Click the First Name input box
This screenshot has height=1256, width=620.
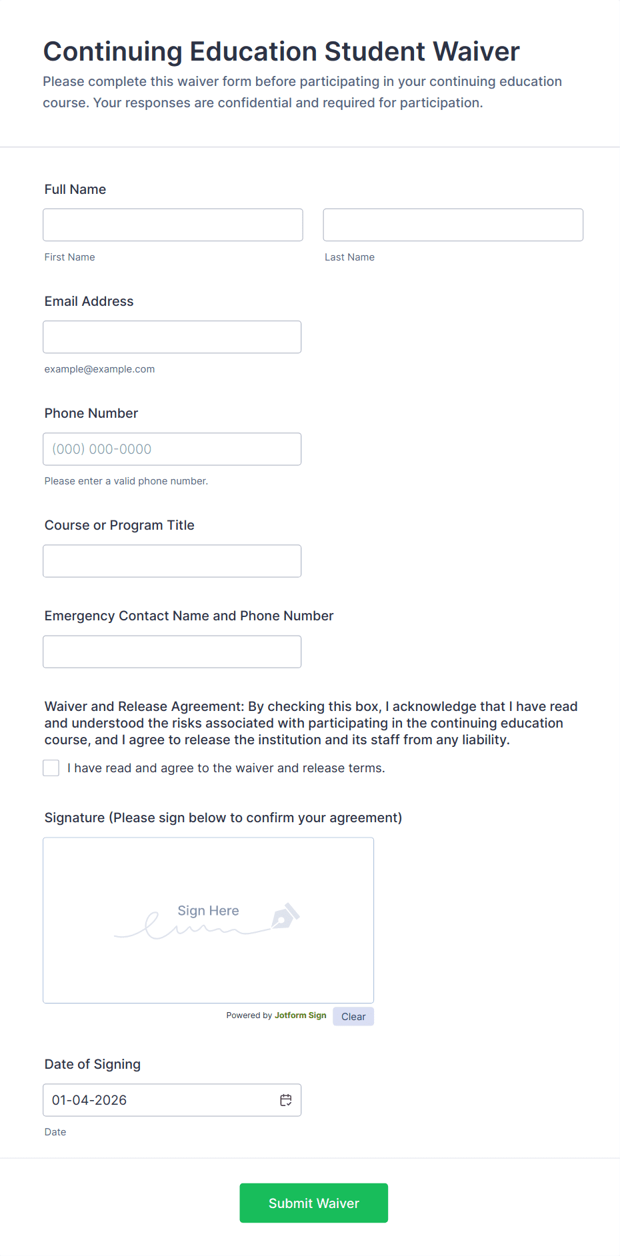[173, 225]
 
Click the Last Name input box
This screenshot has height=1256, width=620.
[453, 225]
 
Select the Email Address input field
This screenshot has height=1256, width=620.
[172, 337]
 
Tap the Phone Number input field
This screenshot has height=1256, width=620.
[172, 449]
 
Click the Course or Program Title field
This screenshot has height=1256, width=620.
[172, 561]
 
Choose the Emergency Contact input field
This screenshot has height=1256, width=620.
[172, 652]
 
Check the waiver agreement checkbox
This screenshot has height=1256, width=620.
[51, 768]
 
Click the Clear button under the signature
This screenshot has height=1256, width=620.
[353, 1016]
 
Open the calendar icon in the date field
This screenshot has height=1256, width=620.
[286, 1100]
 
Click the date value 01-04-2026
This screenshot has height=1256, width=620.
[89, 1100]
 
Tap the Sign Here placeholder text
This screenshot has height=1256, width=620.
[208, 911]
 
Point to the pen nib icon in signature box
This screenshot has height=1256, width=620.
[285, 917]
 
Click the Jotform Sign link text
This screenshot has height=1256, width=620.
[301, 1015]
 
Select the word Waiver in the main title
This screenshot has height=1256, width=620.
[476, 52]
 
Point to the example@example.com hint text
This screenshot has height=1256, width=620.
[99, 369]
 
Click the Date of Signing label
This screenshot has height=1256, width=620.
[93, 1064]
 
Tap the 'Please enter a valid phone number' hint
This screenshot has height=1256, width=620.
[126, 481]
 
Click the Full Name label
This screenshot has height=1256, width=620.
[75, 189]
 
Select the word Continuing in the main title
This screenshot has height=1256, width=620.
[113, 52]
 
